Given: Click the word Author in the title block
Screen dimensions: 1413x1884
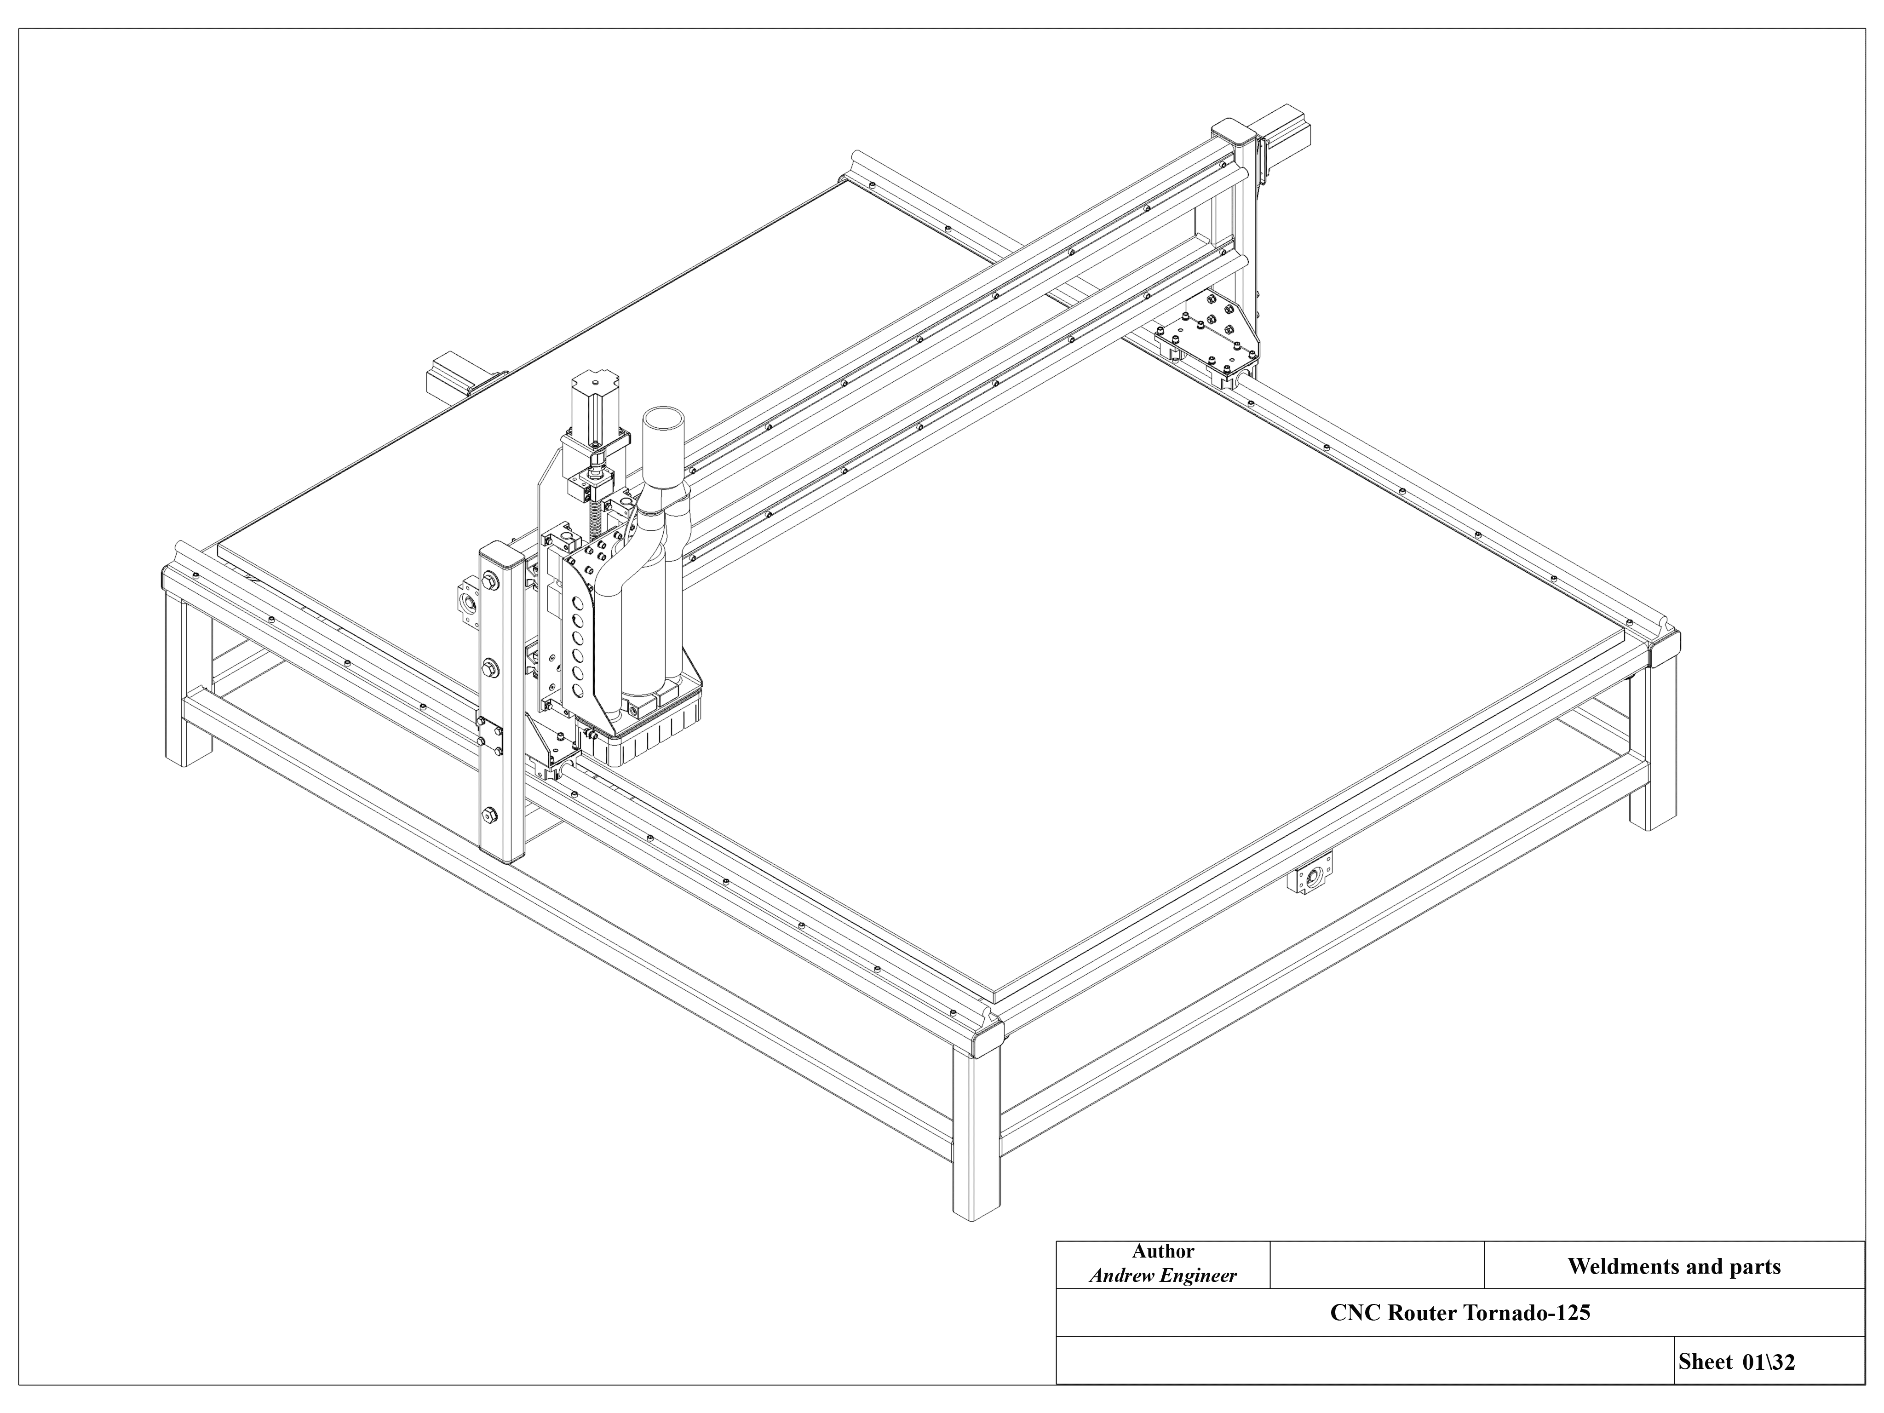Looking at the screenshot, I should (x=1163, y=1251).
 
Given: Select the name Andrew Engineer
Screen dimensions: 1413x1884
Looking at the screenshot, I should (x=1163, y=1276).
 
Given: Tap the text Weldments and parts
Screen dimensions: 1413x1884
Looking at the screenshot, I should (x=1674, y=1267).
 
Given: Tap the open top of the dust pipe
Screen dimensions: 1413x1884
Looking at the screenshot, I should (x=664, y=421).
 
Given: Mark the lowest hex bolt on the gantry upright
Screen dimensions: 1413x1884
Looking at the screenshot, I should (x=491, y=815).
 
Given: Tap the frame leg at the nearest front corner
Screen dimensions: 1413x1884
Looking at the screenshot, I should (x=976, y=1133).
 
